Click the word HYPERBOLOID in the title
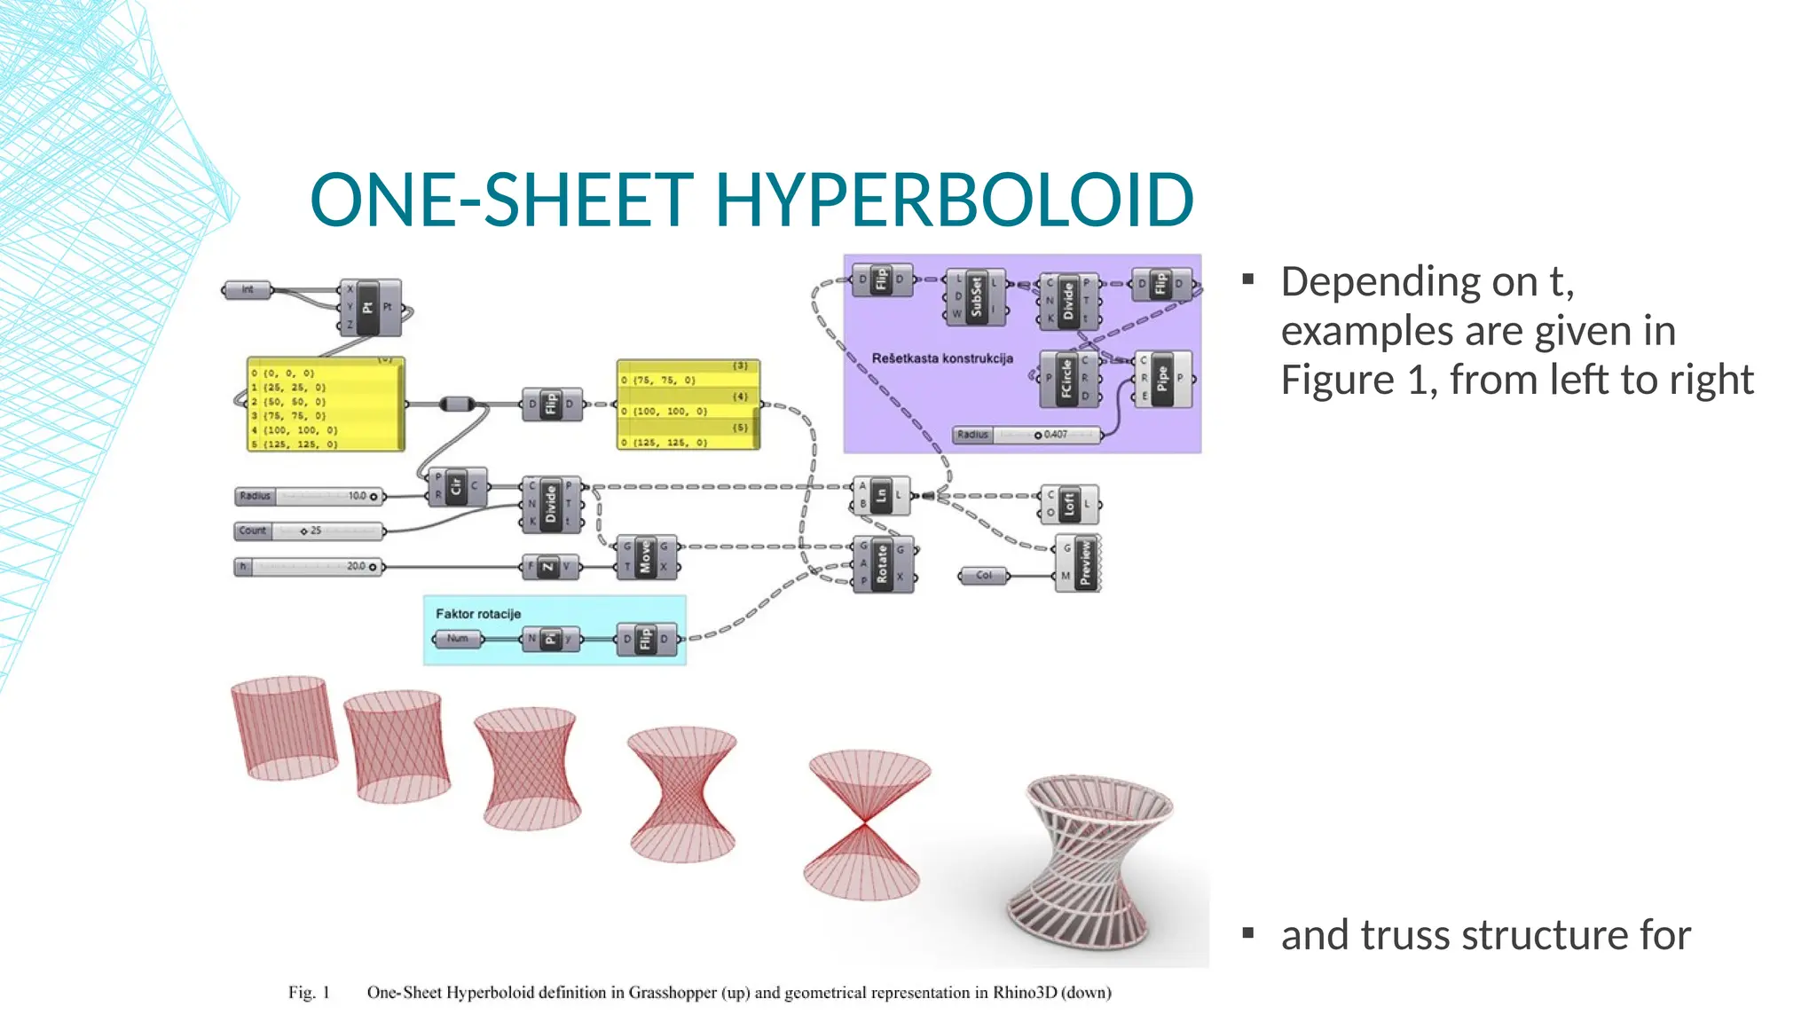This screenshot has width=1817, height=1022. coord(954,200)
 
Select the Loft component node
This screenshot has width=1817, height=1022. coord(1069,504)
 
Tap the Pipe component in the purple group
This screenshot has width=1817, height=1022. coord(1162,379)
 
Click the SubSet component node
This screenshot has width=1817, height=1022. coord(976,296)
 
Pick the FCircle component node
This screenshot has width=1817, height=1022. coord(1067,379)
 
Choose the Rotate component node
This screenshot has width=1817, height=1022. coord(882,564)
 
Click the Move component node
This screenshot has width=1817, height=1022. coord(645,557)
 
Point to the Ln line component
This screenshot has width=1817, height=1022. coord(881,496)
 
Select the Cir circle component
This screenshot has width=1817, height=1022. coord(456,486)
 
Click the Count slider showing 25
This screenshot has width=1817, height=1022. coord(309,531)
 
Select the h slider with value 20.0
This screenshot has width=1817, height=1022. coord(309,567)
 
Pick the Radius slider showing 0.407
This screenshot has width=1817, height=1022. coord(1026,435)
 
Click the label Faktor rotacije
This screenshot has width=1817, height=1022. coord(478,614)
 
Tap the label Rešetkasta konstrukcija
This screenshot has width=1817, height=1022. coord(942,358)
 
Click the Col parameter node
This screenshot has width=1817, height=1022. coord(984,576)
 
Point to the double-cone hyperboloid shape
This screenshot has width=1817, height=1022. coord(865,825)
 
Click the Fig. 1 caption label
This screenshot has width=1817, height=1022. coord(309,993)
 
